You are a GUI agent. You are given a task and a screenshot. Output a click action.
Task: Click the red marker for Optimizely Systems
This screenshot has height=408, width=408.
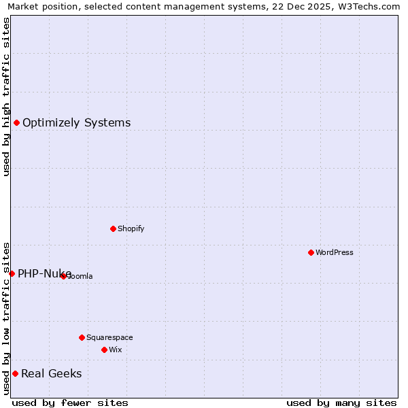coord(16,122)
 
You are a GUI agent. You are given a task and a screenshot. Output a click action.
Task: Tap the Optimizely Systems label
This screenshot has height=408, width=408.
coord(76,123)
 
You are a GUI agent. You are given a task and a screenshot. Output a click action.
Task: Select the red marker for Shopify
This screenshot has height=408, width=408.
coord(113,228)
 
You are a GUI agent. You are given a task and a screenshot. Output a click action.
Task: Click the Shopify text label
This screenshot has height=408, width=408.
coord(131,229)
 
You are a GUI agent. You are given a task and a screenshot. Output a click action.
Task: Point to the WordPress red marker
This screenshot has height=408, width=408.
coord(311,252)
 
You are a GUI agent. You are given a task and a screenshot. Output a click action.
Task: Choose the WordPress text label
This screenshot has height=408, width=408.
coord(335,253)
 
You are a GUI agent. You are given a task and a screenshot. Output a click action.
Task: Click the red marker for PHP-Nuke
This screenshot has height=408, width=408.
coord(12,273)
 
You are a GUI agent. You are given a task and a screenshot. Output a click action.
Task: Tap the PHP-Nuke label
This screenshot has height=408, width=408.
coord(44,274)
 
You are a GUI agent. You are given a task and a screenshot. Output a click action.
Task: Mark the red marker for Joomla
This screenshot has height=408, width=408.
coord(63,276)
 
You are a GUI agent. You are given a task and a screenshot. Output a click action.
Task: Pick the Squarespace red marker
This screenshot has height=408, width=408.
coord(82,337)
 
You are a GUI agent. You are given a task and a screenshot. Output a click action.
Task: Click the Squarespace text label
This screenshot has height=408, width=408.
coord(109,338)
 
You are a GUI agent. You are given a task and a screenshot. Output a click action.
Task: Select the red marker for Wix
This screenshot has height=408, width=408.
coord(104,350)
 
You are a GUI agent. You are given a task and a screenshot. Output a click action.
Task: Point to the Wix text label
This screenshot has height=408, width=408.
coord(115,350)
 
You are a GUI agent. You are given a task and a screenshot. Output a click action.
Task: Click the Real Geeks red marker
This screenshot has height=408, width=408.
coord(15,373)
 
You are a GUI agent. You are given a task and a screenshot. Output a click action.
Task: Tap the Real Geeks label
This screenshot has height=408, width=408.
coord(52,374)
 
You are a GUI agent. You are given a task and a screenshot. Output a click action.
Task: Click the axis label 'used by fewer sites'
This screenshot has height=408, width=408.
coord(70,403)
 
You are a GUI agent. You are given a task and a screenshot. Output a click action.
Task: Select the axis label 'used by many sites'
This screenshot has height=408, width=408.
coord(341,403)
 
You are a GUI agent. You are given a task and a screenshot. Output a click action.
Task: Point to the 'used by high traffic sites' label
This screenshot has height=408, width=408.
coord(6,97)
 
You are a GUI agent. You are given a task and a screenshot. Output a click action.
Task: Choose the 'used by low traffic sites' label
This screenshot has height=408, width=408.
coord(6,318)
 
